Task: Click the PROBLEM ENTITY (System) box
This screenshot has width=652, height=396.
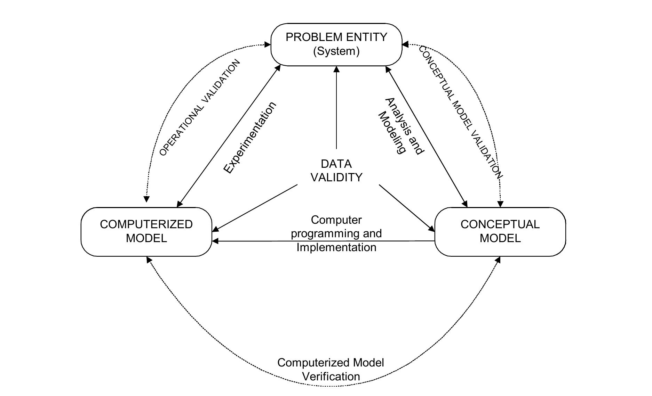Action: point(336,44)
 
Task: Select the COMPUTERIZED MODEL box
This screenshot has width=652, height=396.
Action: point(146,231)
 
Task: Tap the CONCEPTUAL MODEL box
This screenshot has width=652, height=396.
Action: point(500,231)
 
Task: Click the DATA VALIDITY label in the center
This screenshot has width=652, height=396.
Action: point(336,171)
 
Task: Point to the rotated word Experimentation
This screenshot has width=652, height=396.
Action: point(250,138)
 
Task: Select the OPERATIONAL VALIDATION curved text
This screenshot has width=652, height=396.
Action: point(200,107)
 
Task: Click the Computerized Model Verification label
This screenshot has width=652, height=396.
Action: point(331,370)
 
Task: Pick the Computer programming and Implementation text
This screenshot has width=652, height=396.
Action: point(336,233)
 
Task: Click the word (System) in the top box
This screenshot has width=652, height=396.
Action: point(336,51)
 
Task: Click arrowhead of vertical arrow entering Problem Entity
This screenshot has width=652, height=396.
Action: point(336,69)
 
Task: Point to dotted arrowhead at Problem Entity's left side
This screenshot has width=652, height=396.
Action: point(268,44)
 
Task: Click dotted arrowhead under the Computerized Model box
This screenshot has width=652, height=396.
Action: point(149,259)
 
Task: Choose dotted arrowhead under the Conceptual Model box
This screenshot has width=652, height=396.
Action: point(498,259)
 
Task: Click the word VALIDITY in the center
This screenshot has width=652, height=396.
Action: point(336,178)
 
